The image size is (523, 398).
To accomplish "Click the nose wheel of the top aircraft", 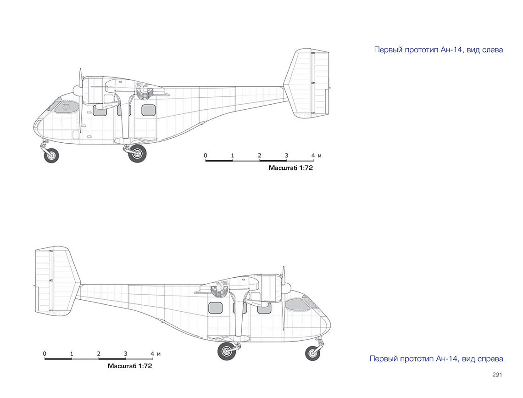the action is [51, 156].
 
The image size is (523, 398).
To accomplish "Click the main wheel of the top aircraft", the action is [138, 153].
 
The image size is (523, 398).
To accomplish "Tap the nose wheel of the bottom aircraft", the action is [312, 353].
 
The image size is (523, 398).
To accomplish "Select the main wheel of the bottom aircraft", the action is [227, 351].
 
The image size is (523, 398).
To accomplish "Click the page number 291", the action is [497, 375].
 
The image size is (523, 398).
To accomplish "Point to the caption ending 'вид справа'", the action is [436, 359].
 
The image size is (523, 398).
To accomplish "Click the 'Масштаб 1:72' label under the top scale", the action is [291, 168].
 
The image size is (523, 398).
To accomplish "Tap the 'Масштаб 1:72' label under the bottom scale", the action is [130, 366].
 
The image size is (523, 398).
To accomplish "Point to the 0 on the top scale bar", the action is [206, 156].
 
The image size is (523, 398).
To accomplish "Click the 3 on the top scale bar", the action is [287, 156].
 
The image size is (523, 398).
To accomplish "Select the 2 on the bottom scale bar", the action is [99, 353].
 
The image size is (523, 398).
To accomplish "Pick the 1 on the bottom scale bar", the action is [72, 353].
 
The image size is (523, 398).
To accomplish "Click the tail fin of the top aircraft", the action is [306, 84].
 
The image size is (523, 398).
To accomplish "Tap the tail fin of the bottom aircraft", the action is [58, 281].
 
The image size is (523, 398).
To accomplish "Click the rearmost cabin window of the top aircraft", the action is [149, 110].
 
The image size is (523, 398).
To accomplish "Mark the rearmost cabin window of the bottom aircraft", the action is [216, 308].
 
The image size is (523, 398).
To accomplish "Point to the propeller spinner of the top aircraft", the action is [78, 89].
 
